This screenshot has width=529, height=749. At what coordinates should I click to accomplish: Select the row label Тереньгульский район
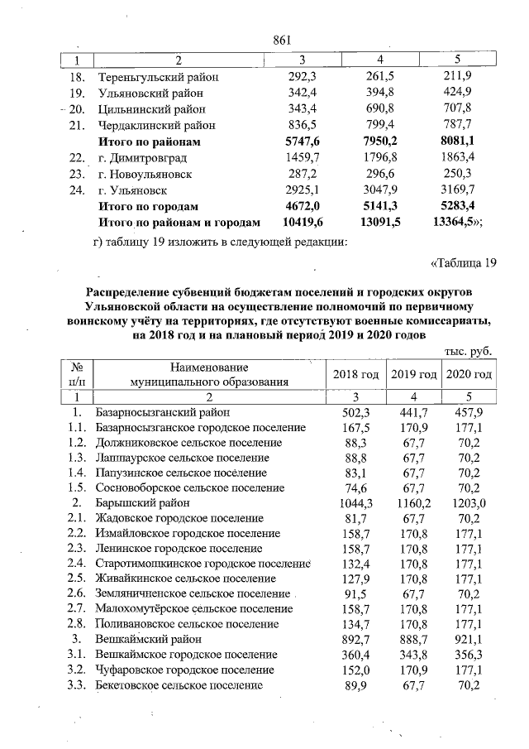coord(158,78)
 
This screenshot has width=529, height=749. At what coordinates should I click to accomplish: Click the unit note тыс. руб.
coord(468,351)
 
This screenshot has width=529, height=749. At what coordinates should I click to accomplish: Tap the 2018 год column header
coord(355,375)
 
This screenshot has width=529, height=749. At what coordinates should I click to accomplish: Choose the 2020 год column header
coord(469,375)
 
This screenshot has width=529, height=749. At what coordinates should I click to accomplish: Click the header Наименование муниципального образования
coord(209,374)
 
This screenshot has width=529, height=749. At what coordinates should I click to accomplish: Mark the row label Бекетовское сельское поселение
coord(179,685)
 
